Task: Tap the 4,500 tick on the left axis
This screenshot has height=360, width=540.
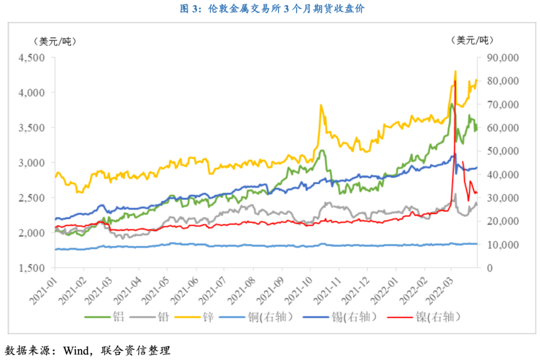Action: point(31,58)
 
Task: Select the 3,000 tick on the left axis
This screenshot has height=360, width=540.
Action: point(31,163)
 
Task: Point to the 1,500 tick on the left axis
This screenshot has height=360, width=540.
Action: point(31,268)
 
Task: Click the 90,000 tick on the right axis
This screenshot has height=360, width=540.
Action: point(502,58)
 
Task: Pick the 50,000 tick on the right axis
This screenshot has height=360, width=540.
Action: point(502,151)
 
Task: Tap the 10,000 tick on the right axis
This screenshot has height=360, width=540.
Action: point(502,245)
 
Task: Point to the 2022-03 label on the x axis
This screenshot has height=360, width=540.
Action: point(438,290)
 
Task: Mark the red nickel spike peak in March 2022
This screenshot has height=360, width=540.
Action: point(454,80)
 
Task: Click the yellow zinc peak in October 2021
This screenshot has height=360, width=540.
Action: point(320,105)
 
